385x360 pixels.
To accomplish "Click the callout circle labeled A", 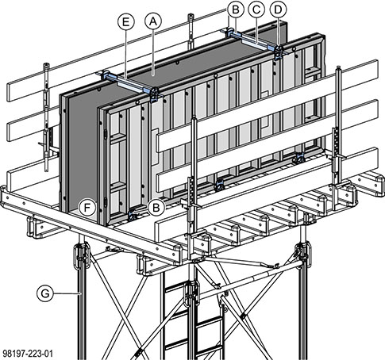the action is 153,22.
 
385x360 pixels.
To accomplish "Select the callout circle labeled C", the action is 256,10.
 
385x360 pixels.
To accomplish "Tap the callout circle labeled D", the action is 278,10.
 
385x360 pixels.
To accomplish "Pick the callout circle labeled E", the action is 126,22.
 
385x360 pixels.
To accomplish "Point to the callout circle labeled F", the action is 87,208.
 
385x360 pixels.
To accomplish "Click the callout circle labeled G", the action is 45,293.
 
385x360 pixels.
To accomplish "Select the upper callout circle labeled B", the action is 235,10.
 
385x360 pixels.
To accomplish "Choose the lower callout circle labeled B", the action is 156,208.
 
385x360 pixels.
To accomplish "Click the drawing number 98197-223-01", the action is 28,354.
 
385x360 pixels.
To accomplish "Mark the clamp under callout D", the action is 279,52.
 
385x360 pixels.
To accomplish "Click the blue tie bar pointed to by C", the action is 252,41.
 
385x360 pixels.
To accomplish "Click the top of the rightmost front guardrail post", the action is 338,68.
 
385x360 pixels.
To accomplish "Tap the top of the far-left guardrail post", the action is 47,65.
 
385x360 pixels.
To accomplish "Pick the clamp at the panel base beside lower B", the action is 133,216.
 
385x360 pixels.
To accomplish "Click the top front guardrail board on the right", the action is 268,105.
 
